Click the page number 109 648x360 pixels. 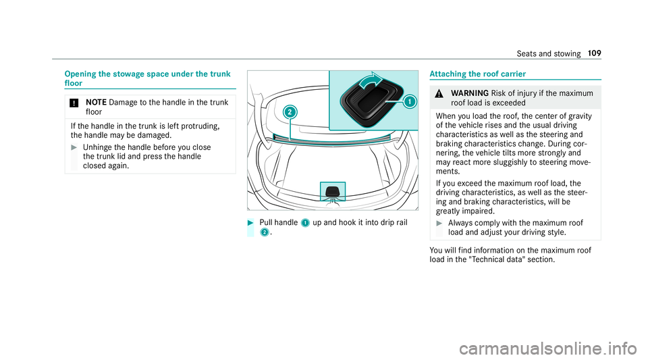click(x=594, y=53)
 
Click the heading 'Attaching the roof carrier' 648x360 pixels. click(x=477, y=74)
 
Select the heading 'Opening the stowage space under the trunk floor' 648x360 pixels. click(x=148, y=78)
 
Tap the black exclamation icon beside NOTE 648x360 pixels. click(x=74, y=103)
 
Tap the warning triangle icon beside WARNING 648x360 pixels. click(x=439, y=94)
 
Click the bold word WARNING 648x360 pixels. click(x=470, y=93)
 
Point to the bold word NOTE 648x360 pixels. click(x=97, y=103)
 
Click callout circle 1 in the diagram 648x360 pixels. click(x=410, y=101)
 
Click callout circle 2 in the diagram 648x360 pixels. click(x=290, y=112)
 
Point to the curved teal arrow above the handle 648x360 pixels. click(x=371, y=79)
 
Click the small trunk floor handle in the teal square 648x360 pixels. click(x=333, y=192)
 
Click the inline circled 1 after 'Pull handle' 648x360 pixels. click(x=305, y=223)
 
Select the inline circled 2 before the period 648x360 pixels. click(x=264, y=232)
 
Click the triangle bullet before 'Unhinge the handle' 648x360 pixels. click(x=74, y=147)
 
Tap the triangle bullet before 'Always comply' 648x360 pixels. click(x=439, y=223)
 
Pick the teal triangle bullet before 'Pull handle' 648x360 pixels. click(x=250, y=223)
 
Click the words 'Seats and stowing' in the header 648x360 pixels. click(x=548, y=54)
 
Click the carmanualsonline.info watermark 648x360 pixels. click(x=548, y=349)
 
